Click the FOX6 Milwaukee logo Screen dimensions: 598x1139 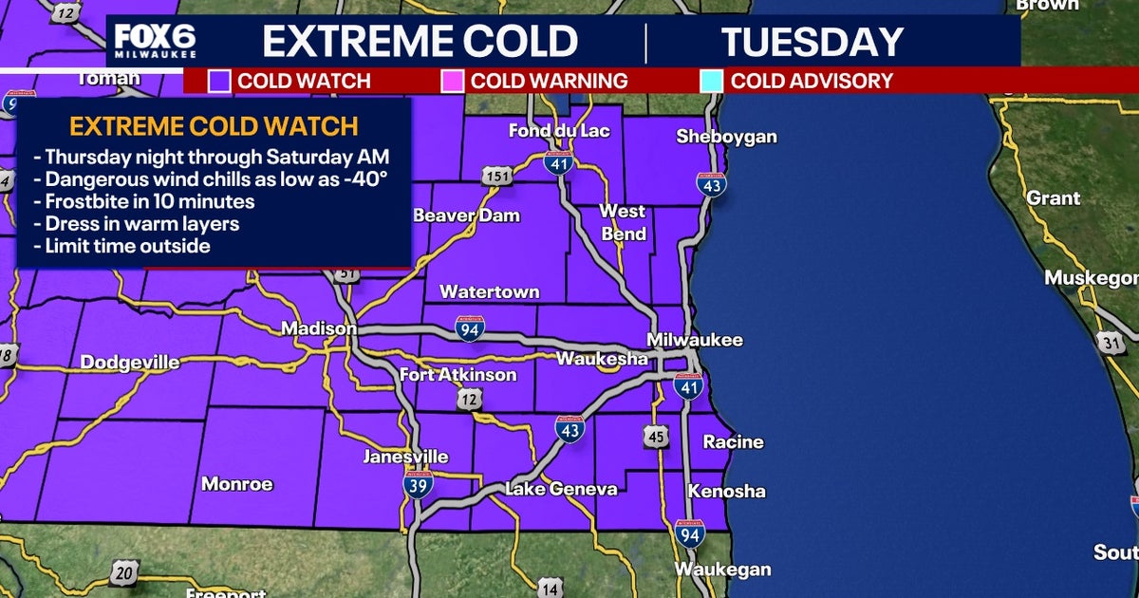point(156,41)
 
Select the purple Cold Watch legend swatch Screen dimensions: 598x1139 point(219,81)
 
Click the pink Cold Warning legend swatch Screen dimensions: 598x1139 point(452,81)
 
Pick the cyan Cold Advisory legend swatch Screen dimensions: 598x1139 point(710,81)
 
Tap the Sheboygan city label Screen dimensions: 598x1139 point(726,137)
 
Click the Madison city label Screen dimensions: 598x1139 point(318,328)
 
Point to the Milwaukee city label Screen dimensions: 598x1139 point(695,340)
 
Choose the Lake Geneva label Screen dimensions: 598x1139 point(561,489)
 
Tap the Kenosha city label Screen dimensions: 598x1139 point(727,492)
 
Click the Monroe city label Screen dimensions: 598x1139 point(236,484)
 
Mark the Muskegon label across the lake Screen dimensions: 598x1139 point(1091,278)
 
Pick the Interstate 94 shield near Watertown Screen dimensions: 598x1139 point(470,328)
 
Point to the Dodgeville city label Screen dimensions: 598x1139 point(130,363)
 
